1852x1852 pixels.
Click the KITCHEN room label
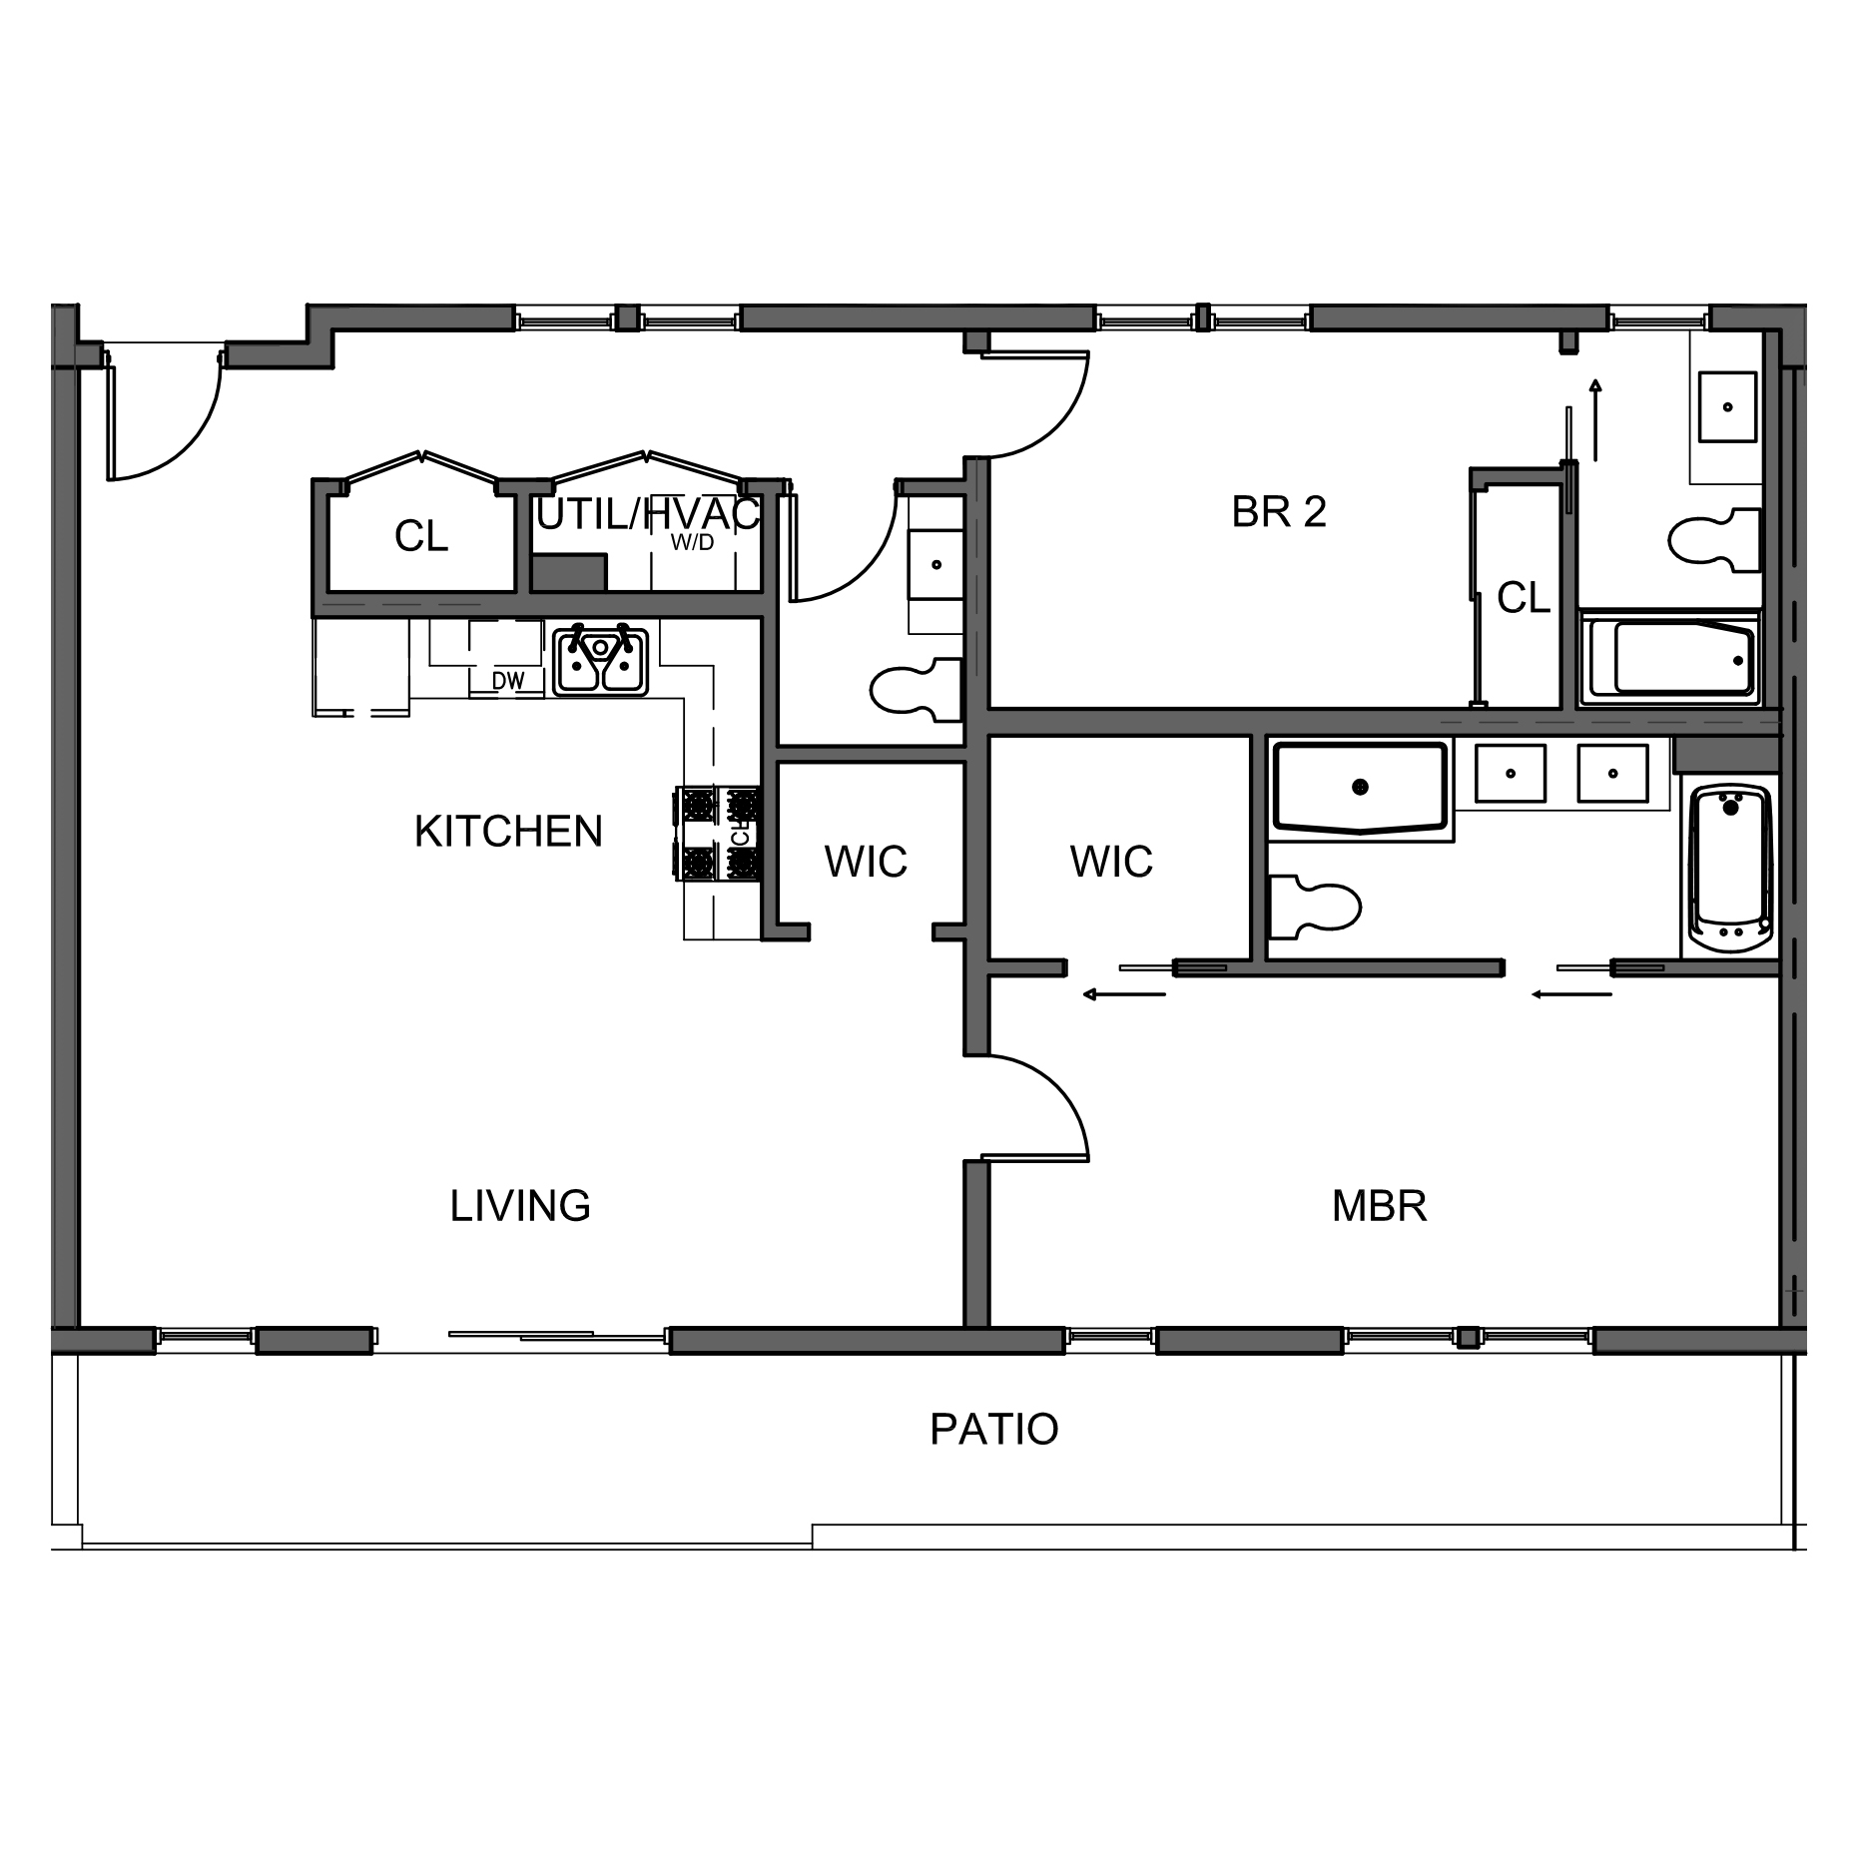[x=508, y=832]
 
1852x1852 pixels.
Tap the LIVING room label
[x=520, y=1206]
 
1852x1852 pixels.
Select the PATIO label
[x=993, y=1430]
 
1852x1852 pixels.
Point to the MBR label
[x=1379, y=1206]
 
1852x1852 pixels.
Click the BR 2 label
[x=1279, y=512]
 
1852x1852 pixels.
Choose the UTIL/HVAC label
[x=649, y=514]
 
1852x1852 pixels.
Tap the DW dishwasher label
[x=508, y=681]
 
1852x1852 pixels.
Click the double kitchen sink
[x=601, y=659]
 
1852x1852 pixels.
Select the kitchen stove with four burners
[x=719, y=834]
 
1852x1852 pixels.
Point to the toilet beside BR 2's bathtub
[x=1713, y=540]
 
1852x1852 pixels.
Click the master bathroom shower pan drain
[x=1359, y=787]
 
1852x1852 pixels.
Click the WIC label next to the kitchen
[x=866, y=862]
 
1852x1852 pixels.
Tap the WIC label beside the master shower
[x=1111, y=862]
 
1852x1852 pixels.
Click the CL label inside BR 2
[x=1524, y=598]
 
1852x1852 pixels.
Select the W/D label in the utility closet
[x=692, y=542]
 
